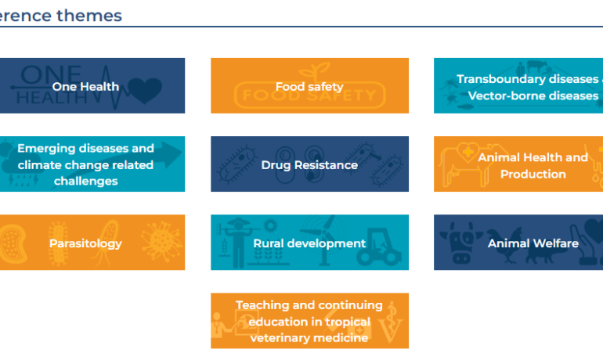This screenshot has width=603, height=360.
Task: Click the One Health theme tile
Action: click(x=92, y=85)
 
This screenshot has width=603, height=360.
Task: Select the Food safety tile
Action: click(x=309, y=85)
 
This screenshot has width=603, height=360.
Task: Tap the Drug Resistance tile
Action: click(x=309, y=164)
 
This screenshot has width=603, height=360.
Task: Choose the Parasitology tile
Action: click(x=92, y=243)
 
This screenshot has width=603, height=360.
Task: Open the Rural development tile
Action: click(x=309, y=243)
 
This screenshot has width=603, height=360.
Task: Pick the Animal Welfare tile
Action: click(x=518, y=243)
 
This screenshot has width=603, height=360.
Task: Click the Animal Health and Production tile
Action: click(x=518, y=164)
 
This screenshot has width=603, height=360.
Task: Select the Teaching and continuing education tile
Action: click(x=309, y=321)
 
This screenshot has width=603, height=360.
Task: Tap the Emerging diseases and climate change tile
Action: click(x=92, y=164)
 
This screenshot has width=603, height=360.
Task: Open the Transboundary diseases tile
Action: click(x=518, y=85)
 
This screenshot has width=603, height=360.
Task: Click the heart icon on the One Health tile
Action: click(x=145, y=90)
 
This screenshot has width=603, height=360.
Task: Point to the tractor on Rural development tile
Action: click(x=380, y=248)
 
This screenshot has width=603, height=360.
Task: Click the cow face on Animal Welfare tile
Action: click(x=461, y=243)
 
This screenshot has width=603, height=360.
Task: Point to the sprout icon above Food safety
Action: click(x=314, y=72)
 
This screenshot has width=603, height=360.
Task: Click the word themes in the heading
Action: click(x=89, y=16)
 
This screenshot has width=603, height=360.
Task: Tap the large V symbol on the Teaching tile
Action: click(x=391, y=331)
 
